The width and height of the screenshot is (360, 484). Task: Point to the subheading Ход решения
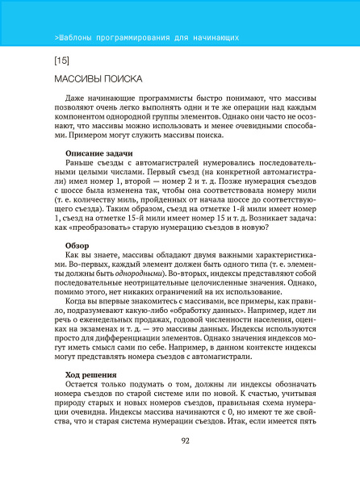pos(90,374)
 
